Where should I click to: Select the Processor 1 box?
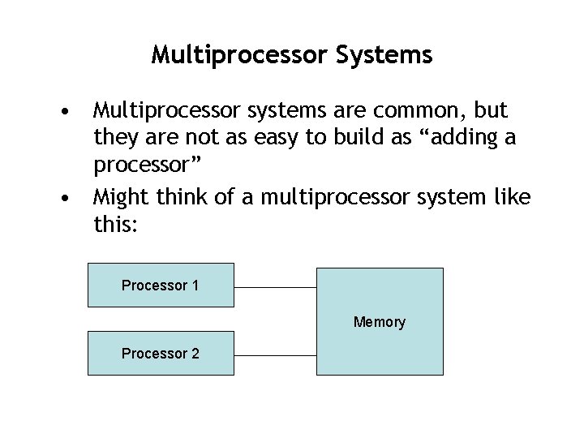click(x=161, y=285)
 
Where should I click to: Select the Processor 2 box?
click(x=161, y=354)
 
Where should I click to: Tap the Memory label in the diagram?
click(x=379, y=322)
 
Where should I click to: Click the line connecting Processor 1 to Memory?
click(x=274, y=287)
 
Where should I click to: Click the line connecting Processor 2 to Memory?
click(x=274, y=355)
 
